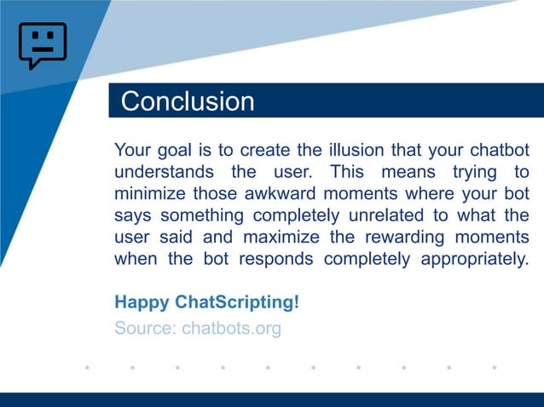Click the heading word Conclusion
(x=188, y=101)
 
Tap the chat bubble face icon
(x=42, y=45)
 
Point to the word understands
(x=163, y=172)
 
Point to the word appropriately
(x=474, y=259)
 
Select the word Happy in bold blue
(x=142, y=303)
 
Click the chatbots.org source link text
(x=231, y=328)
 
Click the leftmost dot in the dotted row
(x=87, y=368)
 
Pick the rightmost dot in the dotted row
(x=495, y=368)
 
